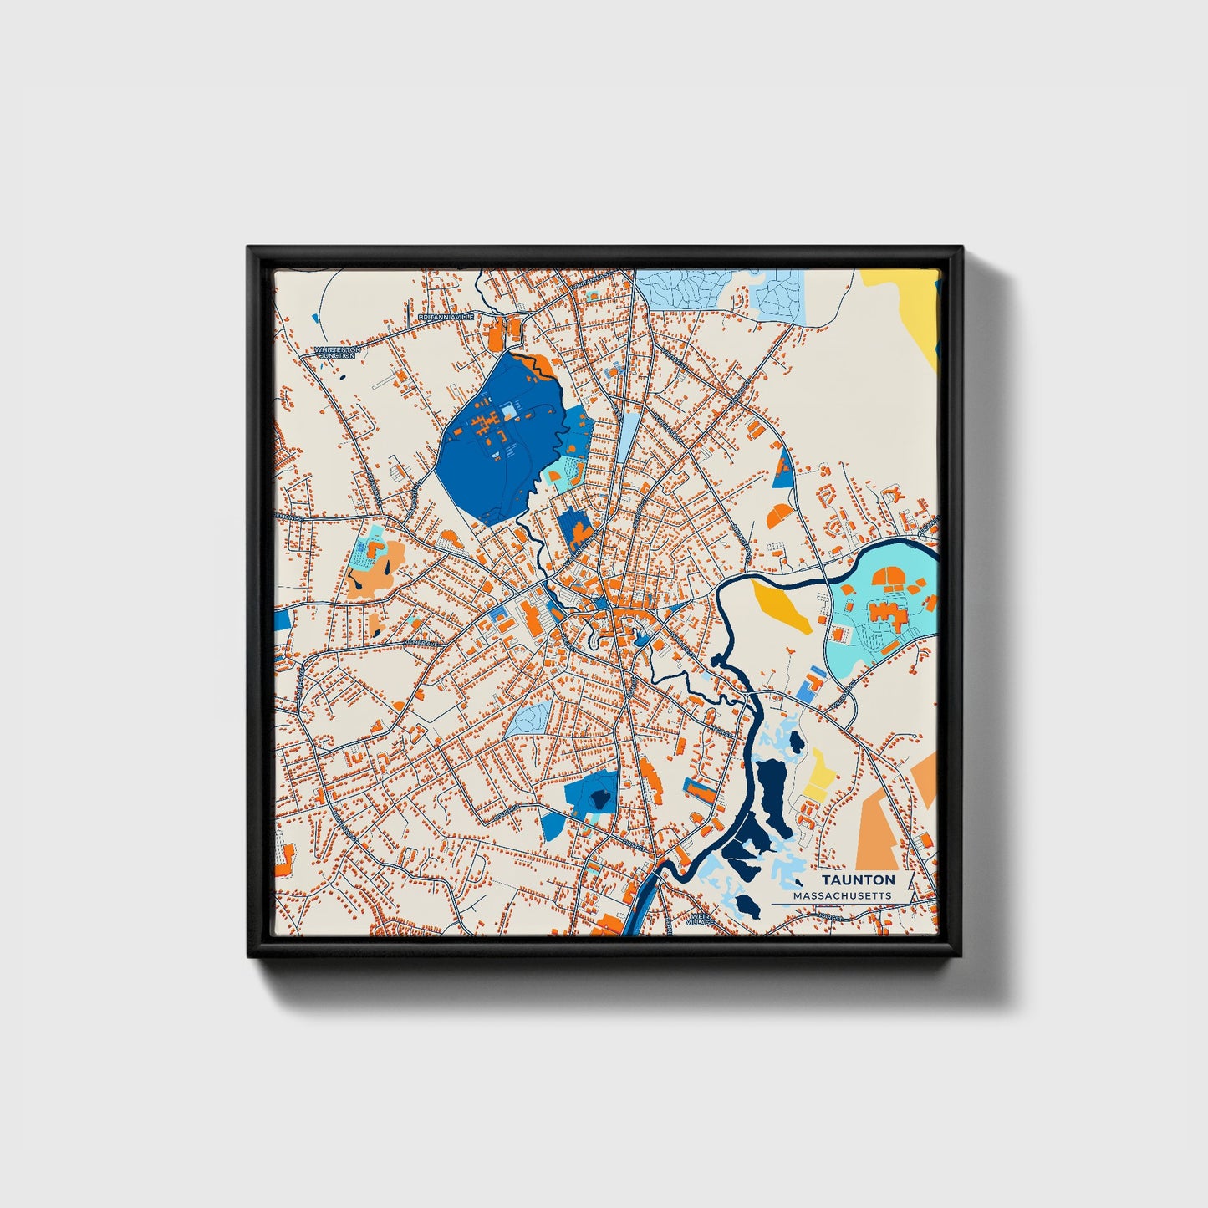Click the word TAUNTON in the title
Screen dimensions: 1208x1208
(x=858, y=879)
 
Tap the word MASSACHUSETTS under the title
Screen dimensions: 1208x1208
(x=842, y=896)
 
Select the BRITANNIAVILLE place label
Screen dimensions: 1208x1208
(x=446, y=317)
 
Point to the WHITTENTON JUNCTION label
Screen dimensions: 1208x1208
(x=337, y=353)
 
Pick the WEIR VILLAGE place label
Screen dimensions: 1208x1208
(x=700, y=920)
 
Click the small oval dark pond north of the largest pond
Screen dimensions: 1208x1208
(x=795, y=741)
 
